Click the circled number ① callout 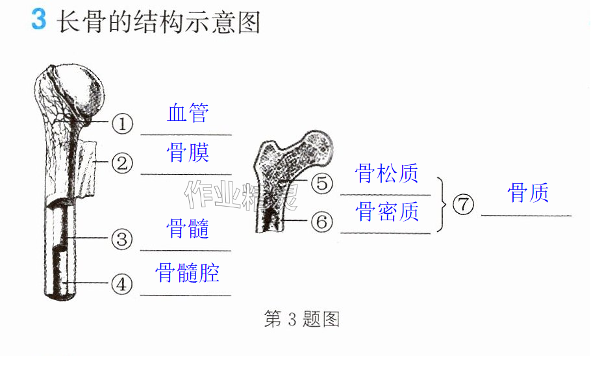click(123, 123)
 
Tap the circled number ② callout click(123, 164)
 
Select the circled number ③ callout click(122, 239)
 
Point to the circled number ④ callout click(121, 284)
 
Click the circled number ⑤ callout click(322, 183)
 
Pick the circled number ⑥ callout click(322, 222)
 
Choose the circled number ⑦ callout click(463, 205)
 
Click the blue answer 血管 click(188, 112)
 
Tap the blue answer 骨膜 click(188, 153)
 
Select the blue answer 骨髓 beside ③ click(187, 229)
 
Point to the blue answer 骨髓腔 click(187, 273)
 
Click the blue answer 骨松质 click(386, 173)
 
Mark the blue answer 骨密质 click(386, 211)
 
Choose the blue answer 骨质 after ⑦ click(527, 192)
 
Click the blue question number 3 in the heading click(39, 19)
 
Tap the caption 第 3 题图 click(301, 319)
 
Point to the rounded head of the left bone click(81, 90)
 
